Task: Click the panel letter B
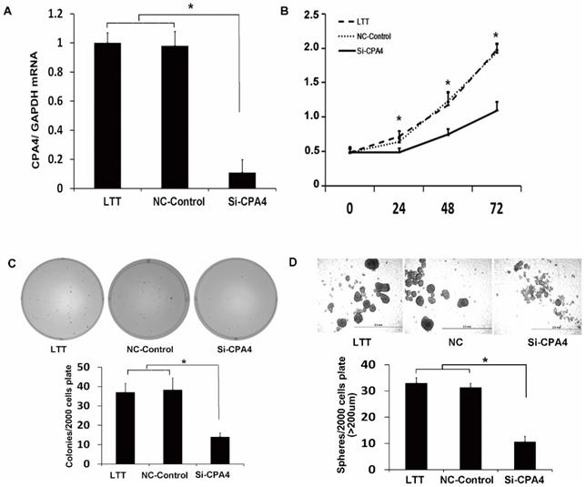tap(311, 13)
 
